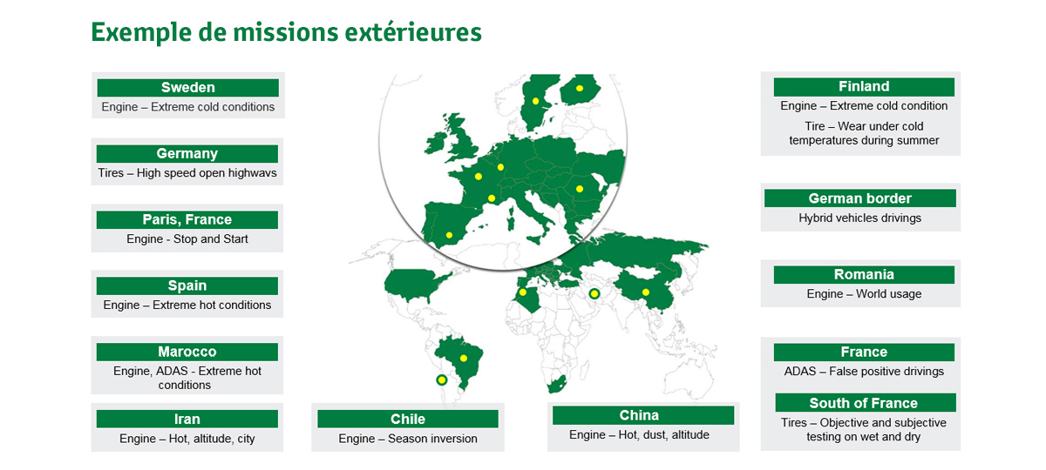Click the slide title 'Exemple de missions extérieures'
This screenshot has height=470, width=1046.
click(286, 33)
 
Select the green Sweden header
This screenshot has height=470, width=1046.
click(187, 88)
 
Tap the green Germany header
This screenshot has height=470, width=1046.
click(187, 154)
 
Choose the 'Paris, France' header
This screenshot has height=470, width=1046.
click(187, 219)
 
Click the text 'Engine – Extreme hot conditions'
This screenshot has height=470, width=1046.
click(187, 305)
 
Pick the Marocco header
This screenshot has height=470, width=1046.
click(187, 352)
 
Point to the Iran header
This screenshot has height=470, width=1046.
click(187, 419)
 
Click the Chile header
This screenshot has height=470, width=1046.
click(408, 419)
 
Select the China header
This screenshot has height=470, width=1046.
click(643, 415)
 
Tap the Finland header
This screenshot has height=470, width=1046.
click(864, 87)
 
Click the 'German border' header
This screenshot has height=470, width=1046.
click(860, 198)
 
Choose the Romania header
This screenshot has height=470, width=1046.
click(864, 275)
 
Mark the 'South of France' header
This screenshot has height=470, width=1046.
click(866, 402)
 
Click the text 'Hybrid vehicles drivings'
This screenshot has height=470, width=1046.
click(859, 218)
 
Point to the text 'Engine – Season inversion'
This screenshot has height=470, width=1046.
click(408, 439)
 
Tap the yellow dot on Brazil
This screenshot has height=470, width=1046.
click(464, 358)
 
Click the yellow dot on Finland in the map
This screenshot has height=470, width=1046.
click(580, 88)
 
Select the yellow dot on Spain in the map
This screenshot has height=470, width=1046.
click(449, 235)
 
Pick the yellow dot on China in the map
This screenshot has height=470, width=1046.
click(646, 292)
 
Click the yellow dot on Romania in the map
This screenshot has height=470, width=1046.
click(580, 189)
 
